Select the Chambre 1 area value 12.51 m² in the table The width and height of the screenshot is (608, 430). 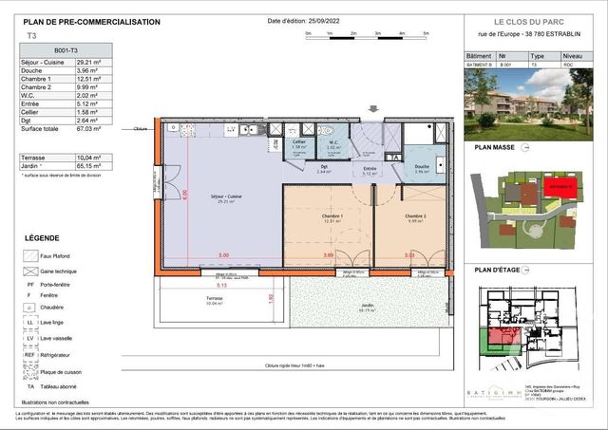click(x=89, y=78)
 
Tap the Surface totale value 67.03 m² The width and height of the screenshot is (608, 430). click(x=89, y=128)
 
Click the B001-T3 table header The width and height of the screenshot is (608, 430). click(x=66, y=49)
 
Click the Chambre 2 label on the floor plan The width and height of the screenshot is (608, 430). click(x=415, y=216)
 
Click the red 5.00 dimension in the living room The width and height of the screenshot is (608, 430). click(x=223, y=255)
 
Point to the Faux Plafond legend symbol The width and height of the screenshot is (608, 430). click(x=31, y=255)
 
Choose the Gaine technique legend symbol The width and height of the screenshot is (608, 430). click(x=31, y=271)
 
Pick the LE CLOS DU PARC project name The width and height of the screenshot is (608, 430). click(x=530, y=22)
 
